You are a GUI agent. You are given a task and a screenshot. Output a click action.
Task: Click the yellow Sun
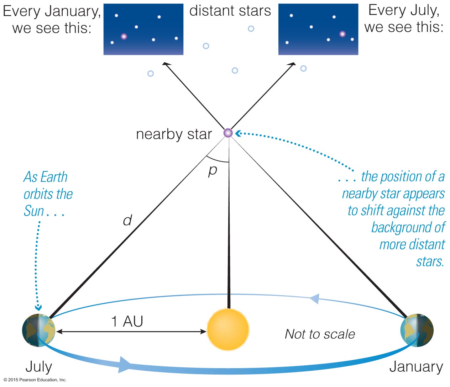click(x=228, y=329)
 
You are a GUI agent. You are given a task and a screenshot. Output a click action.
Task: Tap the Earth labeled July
click(x=39, y=330)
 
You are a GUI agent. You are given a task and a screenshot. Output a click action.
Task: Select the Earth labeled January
click(x=417, y=330)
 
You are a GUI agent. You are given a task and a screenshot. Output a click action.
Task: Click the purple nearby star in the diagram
click(x=228, y=133)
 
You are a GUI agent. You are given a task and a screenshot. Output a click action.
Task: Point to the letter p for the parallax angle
click(x=213, y=171)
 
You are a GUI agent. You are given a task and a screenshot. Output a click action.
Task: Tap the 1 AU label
click(x=127, y=322)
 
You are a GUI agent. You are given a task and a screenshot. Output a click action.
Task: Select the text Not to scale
click(x=320, y=334)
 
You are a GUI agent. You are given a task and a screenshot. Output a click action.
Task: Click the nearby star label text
click(x=174, y=134)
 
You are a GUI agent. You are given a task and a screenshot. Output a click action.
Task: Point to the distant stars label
click(x=230, y=11)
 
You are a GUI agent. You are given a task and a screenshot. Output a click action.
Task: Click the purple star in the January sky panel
click(x=124, y=36)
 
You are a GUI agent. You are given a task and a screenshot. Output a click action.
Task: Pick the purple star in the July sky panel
click(x=342, y=34)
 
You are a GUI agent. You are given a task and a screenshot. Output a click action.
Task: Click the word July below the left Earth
click(x=39, y=367)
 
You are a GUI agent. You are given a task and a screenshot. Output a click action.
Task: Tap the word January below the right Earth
click(x=416, y=367)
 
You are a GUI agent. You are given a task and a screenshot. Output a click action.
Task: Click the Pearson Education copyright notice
click(x=35, y=380)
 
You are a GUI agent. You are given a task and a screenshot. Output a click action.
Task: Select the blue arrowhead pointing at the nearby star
click(x=238, y=133)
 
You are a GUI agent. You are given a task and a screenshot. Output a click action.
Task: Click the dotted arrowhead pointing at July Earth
click(x=38, y=308)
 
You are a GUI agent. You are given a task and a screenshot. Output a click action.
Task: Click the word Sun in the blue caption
click(x=34, y=211)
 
